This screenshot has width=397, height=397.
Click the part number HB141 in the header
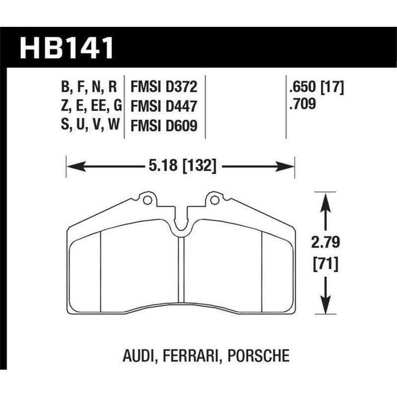pyautogui.click(x=67, y=48)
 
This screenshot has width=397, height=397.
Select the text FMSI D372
pyautogui.click(x=164, y=86)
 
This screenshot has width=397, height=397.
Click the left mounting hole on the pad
pyautogui.click(x=147, y=201)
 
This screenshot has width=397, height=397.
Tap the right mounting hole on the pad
pyautogui.click(x=214, y=201)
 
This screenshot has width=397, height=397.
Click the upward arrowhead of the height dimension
pyautogui.click(x=326, y=200)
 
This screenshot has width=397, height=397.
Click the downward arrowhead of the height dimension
pyautogui.click(x=326, y=307)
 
